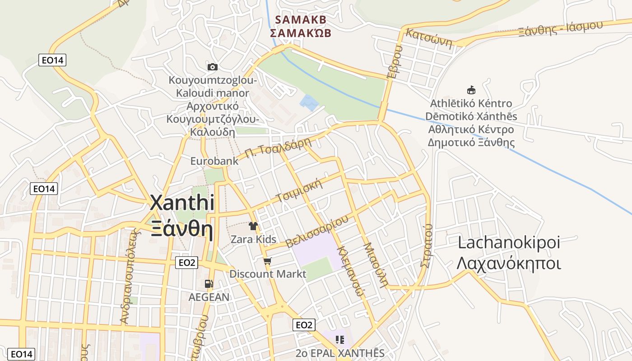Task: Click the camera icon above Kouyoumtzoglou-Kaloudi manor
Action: click(212, 67)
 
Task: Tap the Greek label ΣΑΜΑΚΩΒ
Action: click(300, 33)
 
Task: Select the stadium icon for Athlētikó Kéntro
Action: click(471, 90)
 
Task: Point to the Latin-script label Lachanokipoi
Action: click(509, 242)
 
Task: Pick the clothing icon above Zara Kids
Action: click(253, 226)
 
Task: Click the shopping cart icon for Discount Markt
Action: click(268, 261)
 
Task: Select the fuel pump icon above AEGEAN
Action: click(209, 284)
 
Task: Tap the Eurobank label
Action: click(208, 161)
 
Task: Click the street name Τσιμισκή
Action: click(300, 191)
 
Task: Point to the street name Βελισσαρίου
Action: click(317, 231)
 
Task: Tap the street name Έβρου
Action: click(395, 62)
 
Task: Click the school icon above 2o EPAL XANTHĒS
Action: click(339, 339)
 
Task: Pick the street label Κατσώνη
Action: click(429, 37)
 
